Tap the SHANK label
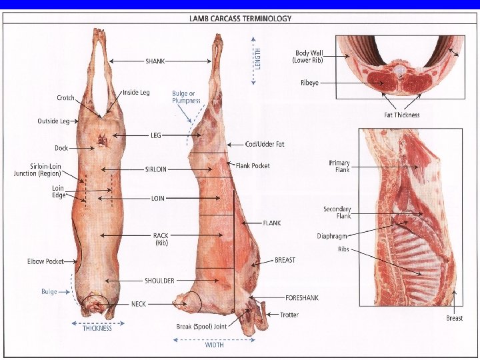pos(155,61)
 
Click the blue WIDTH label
pos(215,345)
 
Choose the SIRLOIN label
pos(156,169)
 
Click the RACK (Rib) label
pos(161,239)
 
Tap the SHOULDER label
pos(159,281)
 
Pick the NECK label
pos(139,304)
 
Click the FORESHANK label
pos(302,298)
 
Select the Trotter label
pos(289,315)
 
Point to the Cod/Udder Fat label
pos(265,144)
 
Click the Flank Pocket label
pos(253,165)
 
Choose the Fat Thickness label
pos(402,115)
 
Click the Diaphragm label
pos(332,236)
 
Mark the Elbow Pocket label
pos(45,261)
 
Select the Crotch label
pos(66,98)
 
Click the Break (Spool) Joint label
pos(201,327)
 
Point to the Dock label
pos(61,148)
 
